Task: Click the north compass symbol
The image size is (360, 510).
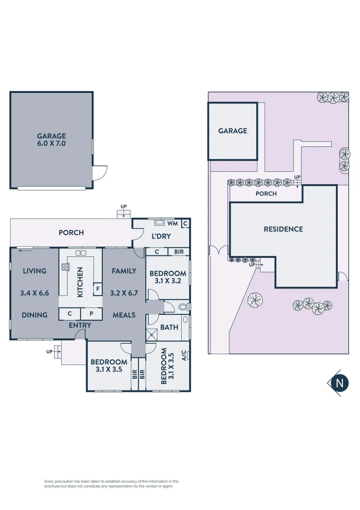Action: click(339, 383)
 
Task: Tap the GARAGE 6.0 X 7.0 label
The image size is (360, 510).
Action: click(51, 139)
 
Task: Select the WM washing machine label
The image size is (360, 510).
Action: click(172, 223)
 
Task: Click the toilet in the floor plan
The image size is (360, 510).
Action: click(184, 307)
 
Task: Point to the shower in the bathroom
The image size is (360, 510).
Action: click(152, 334)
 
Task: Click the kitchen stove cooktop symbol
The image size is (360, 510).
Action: click(65, 267)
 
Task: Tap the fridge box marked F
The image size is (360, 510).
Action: click(98, 289)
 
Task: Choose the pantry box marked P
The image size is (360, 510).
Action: click(92, 314)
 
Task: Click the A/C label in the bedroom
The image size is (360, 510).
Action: click(184, 356)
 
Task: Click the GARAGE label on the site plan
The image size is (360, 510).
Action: click(233, 131)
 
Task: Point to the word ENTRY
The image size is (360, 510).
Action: click(80, 325)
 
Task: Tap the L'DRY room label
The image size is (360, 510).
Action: click(161, 236)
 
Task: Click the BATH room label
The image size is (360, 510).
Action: click(169, 327)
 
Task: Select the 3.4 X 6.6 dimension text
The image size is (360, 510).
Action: click(34, 293)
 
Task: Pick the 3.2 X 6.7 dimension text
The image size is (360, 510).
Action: click(124, 293)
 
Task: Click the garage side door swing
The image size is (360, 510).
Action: click(100, 173)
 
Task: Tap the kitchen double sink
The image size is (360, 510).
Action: click(81, 253)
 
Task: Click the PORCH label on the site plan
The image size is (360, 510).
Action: click(266, 194)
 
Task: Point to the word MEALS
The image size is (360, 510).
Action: click(124, 315)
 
